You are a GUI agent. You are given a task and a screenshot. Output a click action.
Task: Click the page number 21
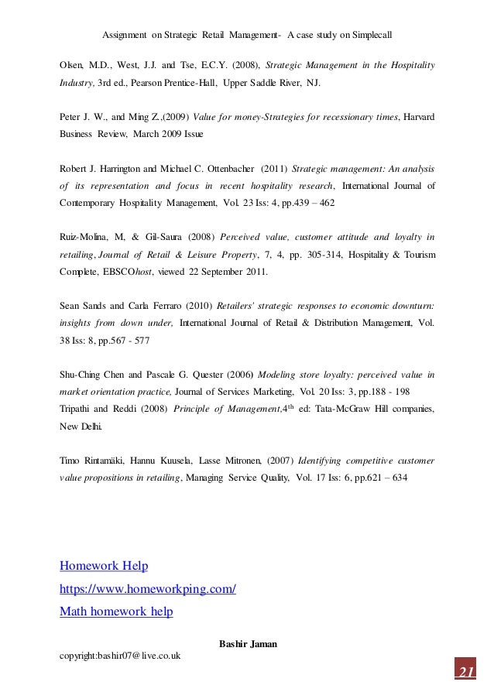pyautogui.click(x=465, y=670)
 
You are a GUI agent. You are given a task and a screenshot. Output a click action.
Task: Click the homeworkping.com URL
pyautogui.click(x=148, y=589)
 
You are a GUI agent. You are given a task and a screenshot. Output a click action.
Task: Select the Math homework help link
pyautogui.click(x=116, y=612)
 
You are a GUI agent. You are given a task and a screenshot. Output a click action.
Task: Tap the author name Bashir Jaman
pyautogui.click(x=246, y=643)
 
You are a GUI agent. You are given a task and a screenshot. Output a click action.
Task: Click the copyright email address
pyautogui.click(x=120, y=656)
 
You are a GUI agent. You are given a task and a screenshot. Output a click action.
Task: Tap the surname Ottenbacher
pyautogui.click(x=224, y=167)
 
